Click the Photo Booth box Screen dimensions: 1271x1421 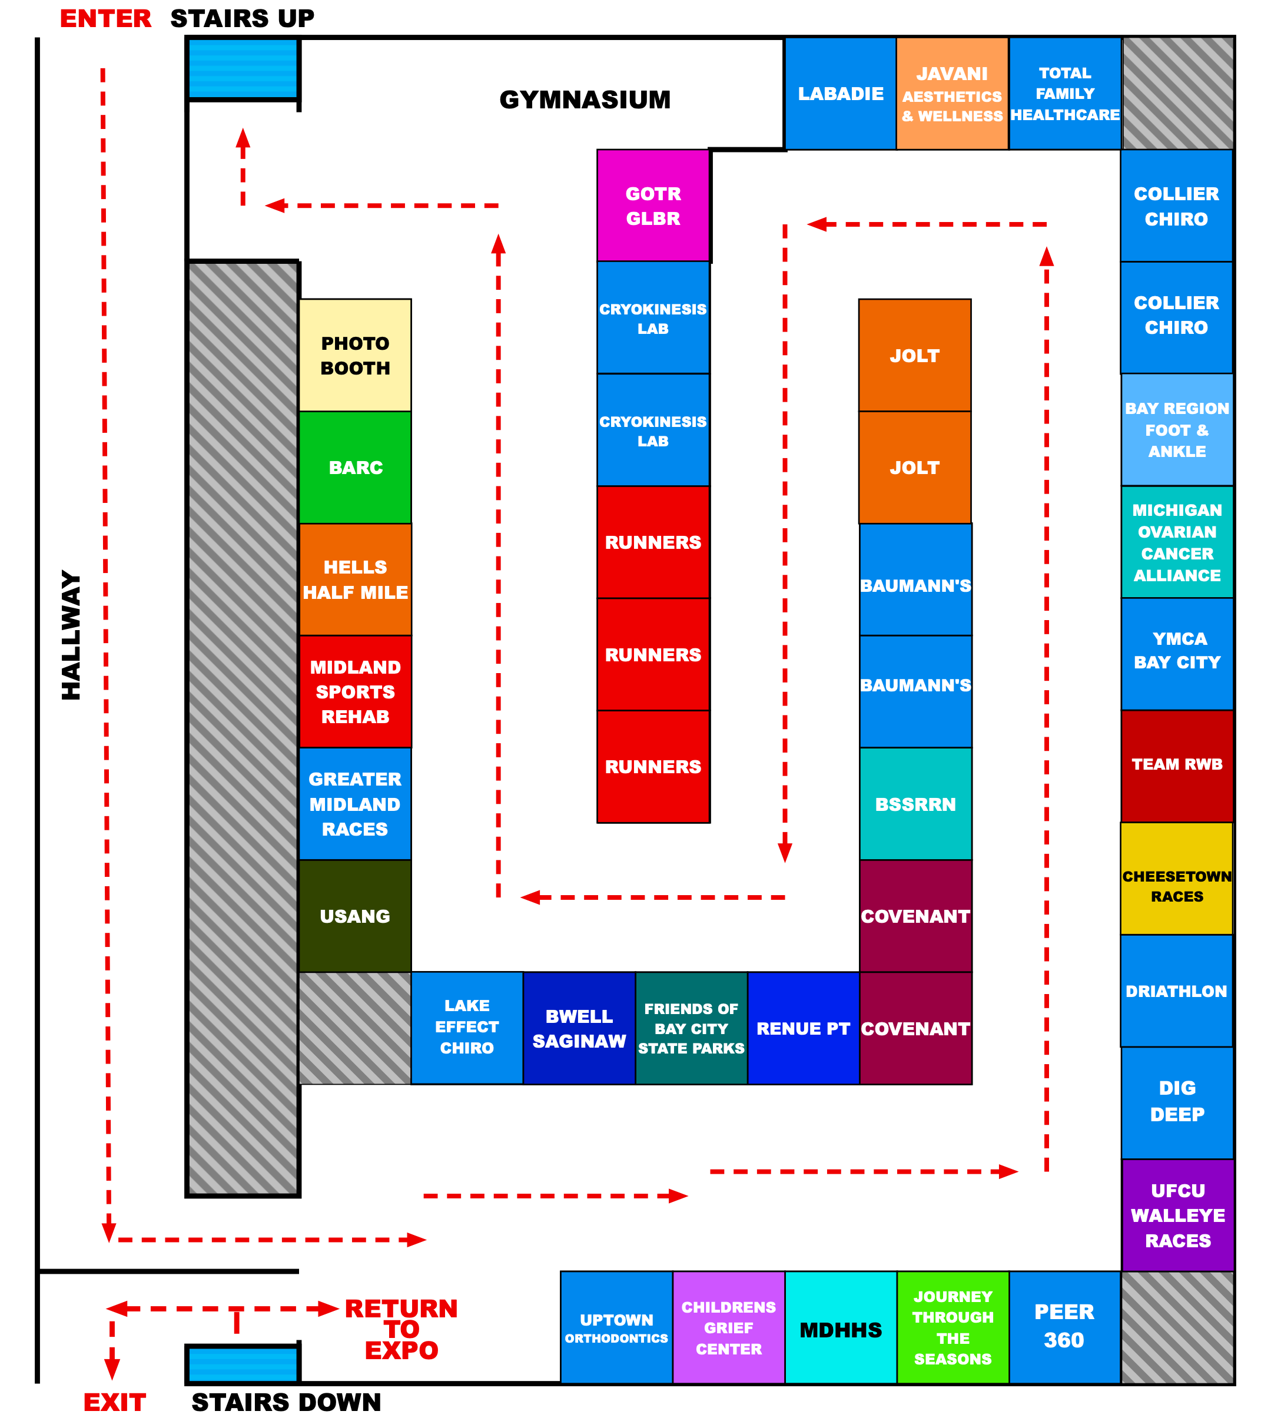pyautogui.click(x=355, y=355)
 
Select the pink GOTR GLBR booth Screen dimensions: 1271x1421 pyautogui.click(x=653, y=206)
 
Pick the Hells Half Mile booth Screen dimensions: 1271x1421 pyautogui.click(x=355, y=579)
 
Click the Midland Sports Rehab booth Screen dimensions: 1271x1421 pyautogui.click(x=355, y=691)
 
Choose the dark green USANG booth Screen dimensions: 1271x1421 pyautogui.click(x=355, y=916)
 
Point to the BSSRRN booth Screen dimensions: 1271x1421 pyautogui.click(x=915, y=803)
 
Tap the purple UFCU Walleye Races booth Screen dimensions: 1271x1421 pyautogui.click(x=1177, y=1215)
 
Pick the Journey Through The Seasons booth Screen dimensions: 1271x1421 pyautogui.click(x=953, y=1327)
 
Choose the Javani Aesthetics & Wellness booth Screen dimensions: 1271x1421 pyautogui.click(x=952, y=94)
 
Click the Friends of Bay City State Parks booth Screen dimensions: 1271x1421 pyautogui.click(x=691, y=1028)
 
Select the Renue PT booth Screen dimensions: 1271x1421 pyautogui.click(x=803, y=1028)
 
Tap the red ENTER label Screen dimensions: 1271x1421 pyautogui.click(x=105, y=19)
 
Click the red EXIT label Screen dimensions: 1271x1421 pyautogui.click(x=115, y=1402)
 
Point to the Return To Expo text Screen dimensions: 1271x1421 pyautogui.click(x=401, y=1329)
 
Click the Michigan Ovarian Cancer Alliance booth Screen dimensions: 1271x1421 pyautogui.click(x=1177, y=542)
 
